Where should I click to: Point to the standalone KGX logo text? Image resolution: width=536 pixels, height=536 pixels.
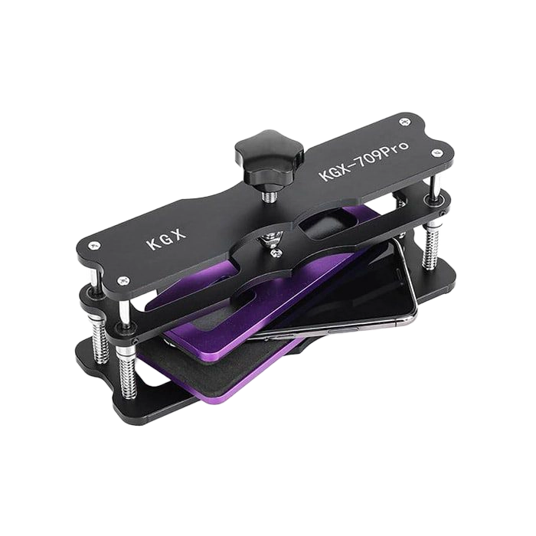(x=166, y=238)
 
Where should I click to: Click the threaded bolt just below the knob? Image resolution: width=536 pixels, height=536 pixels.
(x=270, y=195)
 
